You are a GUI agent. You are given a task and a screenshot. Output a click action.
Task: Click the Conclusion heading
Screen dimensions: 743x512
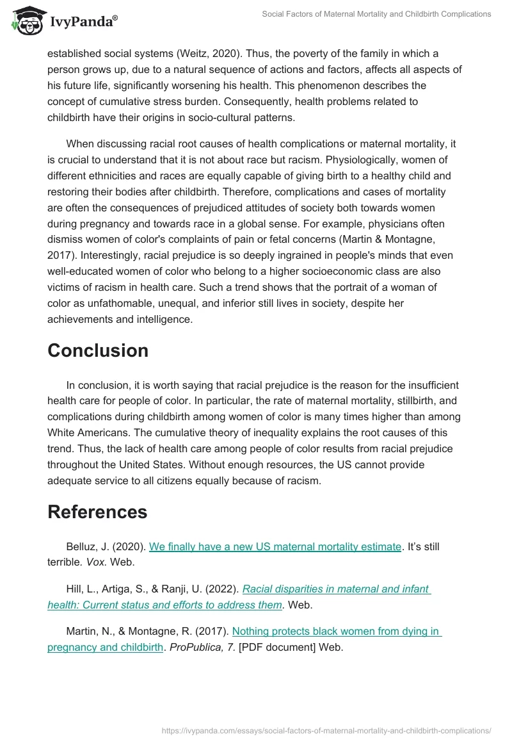coord(98,350)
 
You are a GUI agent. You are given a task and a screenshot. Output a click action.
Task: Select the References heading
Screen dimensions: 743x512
coord(97,512)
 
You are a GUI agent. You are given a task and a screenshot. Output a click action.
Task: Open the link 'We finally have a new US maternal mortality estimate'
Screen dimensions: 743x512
coord(275,546)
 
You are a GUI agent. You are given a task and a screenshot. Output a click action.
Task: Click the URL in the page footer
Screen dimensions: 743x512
coord(326,730)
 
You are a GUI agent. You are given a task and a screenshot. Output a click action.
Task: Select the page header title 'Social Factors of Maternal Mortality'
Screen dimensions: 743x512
coord(376,14)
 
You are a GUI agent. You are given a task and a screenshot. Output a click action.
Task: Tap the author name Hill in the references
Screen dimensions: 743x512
coord(76,589)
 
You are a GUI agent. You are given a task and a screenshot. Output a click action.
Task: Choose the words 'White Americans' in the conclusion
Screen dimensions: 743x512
coord(84,433)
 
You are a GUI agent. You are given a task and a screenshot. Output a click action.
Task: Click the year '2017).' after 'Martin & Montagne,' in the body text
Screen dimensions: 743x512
coord(62,256)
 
